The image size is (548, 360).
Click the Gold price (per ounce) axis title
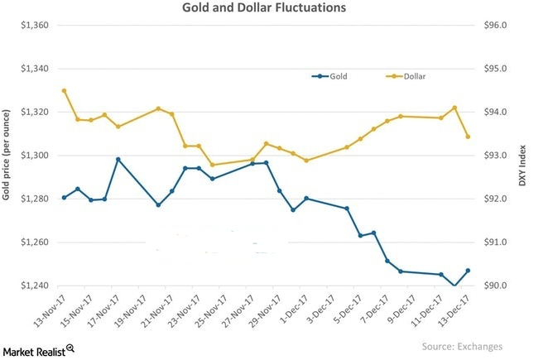(x=8, y=156)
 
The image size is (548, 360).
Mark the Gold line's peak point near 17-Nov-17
(x=118, y=159)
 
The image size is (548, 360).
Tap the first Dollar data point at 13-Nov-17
(x=65, y=90)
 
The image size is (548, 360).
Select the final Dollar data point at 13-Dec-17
(x=469, y=137)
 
